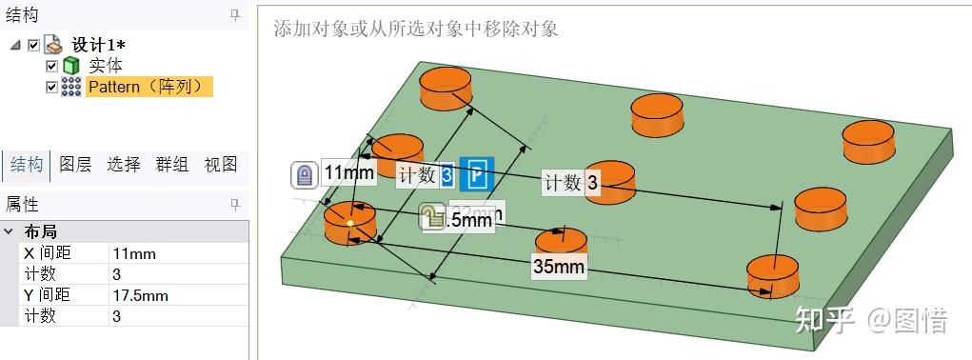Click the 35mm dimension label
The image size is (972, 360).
click(x=559, y=266)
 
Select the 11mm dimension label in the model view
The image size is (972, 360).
click(x=348, y=173)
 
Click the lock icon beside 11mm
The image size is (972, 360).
click(x=304, y=175)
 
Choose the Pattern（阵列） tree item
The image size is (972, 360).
click(x=147, y=87)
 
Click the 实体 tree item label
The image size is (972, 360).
click(x=106, y=66)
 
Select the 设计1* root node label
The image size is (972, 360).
click(x=99, y=45)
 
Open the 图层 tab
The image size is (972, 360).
click(x=75, y=164)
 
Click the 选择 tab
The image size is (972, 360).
click(x=124, y=164)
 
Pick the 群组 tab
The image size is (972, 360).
click(x=172, y=164)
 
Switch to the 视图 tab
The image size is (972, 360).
click(x=221, y=164)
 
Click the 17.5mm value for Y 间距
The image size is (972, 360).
click(x=141, y=295)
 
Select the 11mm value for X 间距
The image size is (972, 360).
click(x=134, y=253)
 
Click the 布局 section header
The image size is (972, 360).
click(x=41, y=231)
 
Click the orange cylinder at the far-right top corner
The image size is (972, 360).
click(x=868, y=141)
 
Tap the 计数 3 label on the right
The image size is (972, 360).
click(x=571, y=183)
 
